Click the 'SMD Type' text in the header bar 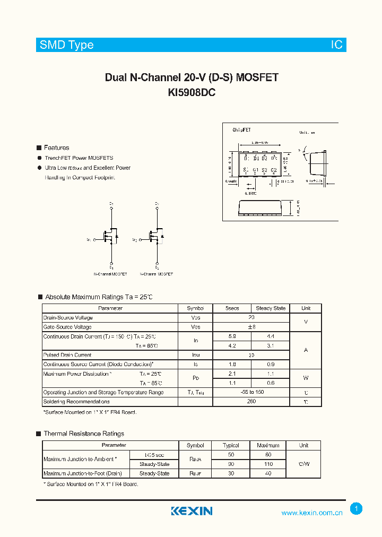(x=66, y=45)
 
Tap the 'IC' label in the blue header (x=337, y=45)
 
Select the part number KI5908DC (x=192, y=92)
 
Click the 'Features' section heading (x=56, y=148)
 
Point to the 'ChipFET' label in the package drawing (x=242, y=129)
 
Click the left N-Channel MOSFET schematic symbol (x=109, y=236)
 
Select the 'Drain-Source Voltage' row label (x=67, y=317)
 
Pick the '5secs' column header (x=232, y=308)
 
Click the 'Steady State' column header (x=271, y=308)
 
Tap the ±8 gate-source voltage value (x=251, y=327)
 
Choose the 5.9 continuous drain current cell (x=232, y=336)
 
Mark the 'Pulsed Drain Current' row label (x=67, y=355)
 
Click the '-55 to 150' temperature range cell (x=251, y=392)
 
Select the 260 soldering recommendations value (x=251, y=402)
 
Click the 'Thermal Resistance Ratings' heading (x=84, y=434)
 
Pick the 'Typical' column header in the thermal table (x=231, y=445)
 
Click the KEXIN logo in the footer (x=192, y=511)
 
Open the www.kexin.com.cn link (x=311, y=513)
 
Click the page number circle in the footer (x=357, y=509)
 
